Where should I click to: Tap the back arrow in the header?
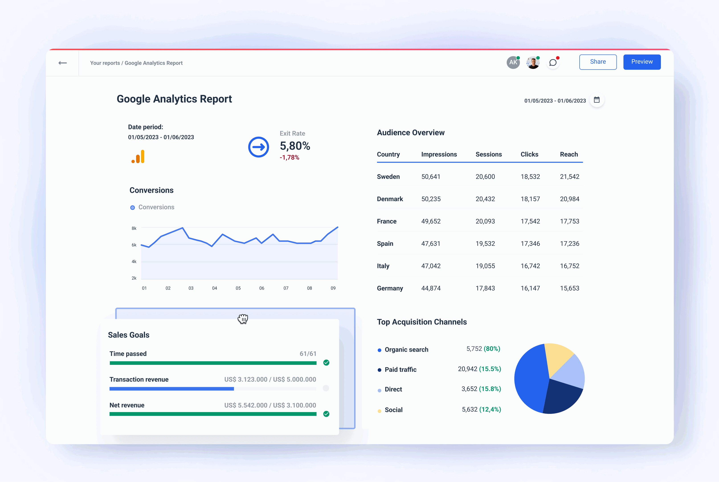(63, 63)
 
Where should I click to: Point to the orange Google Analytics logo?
(138, 157)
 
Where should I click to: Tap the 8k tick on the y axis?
(134, 228)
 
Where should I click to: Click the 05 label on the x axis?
(238, 288)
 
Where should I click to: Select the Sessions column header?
(488, 154)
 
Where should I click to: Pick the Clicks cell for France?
(530, 221)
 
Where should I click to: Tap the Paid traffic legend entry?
(400, 370)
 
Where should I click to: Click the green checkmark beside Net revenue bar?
(326, 414)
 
